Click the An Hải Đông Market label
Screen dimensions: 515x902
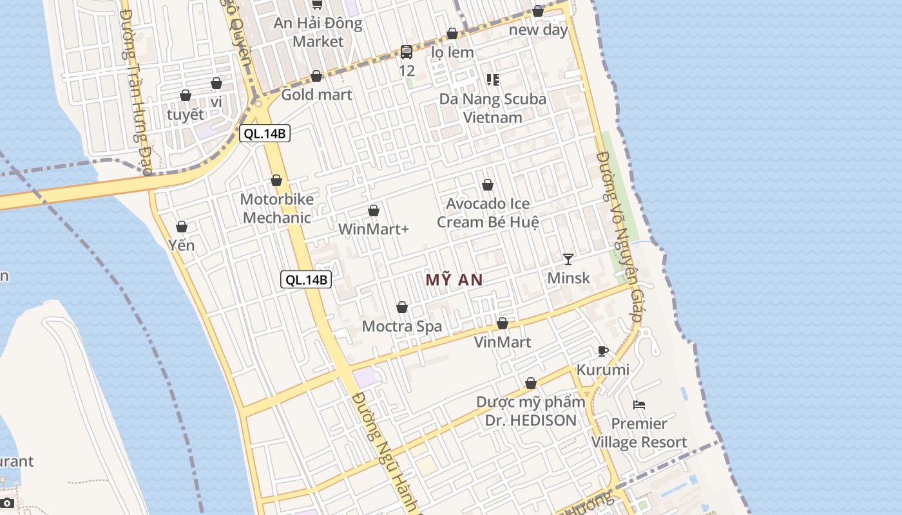coord(318,32)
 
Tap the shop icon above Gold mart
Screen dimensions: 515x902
coord(316,76)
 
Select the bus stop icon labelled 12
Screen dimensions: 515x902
coord(407,52)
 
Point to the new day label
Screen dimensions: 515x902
coord(539,30)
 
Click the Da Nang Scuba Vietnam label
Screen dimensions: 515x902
coord(493,108)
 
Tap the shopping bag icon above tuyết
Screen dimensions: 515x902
coord(186,95)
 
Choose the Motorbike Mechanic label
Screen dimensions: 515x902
coord(277,208)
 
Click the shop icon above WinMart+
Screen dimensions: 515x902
coord(373,211)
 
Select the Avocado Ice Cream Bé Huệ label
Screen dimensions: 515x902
coord(488,212)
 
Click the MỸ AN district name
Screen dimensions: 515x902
coord(454,279)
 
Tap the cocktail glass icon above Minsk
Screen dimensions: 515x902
coord(568,259)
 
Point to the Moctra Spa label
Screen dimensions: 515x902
coord(402,326)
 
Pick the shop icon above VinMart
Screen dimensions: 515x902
coord(503,323)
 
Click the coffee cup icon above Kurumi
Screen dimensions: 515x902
coord(603,351)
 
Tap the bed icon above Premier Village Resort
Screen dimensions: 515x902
coord(639,405)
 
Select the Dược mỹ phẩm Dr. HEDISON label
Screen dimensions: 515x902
coord(531,411)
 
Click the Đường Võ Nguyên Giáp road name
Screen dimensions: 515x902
coord(619,237)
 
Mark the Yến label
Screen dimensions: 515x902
coord(182,245)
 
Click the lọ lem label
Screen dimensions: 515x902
coord(452,52)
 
